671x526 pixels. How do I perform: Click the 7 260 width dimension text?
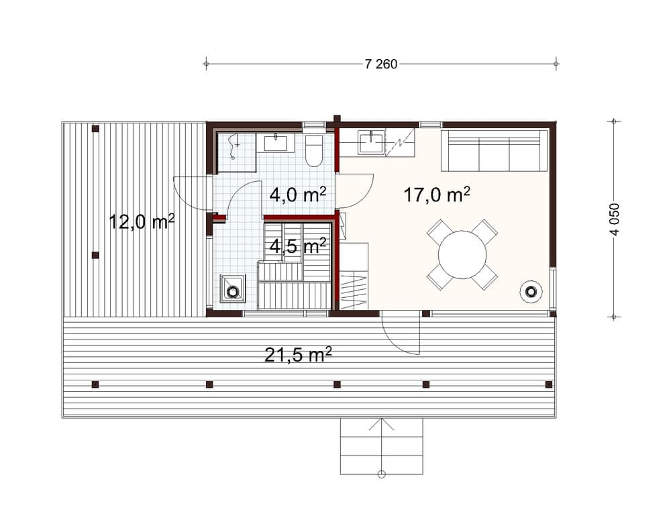[x=381, y=64]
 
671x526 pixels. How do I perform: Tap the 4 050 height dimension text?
[x=614, y=219]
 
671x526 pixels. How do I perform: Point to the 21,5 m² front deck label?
[x=298, y=354]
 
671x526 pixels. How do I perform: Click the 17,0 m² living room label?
[x=436, y=195]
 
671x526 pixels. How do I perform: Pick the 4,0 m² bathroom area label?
[x=297, y=195]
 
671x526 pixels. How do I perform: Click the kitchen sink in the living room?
[x=370, y=143]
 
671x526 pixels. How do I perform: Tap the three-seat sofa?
[x=494, y=152]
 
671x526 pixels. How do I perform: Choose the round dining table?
[x=462, y=255]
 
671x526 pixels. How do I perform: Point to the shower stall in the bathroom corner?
[x=235, y=152]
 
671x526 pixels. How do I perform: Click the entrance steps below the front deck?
[x=381, y=446]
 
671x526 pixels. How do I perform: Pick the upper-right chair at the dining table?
[x=484, y=231]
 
